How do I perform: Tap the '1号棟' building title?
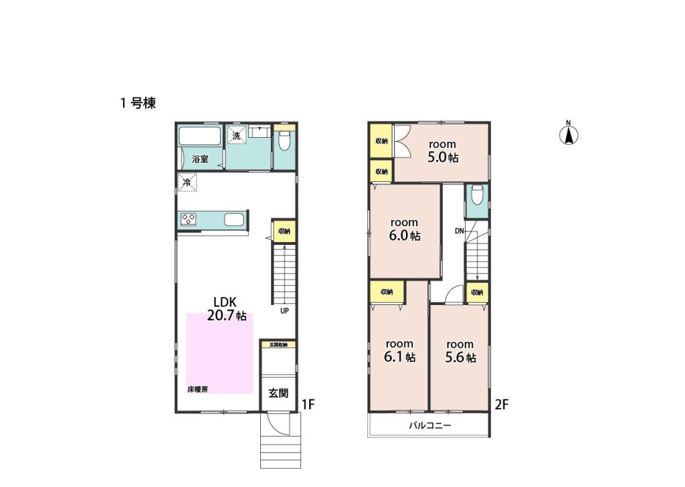pos(138,103)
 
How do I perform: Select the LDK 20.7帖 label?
pos(226,308)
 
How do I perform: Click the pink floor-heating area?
pos(219,353)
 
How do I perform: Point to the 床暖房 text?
pos(197,389)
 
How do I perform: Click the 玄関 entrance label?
pos(278,393)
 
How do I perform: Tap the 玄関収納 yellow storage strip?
pos(278,345)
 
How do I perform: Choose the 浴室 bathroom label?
pos(200,159)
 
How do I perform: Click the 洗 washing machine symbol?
pos(236,135)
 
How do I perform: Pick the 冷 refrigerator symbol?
pos(187,182)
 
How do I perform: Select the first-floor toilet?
pos(284,140)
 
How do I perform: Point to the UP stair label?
pos(284,311)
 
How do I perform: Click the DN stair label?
pos(459,231)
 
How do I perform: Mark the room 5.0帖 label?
pos(443,151)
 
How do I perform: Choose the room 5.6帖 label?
pos(460,352)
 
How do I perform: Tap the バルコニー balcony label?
pos(430,425)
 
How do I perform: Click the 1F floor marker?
pos(308,405)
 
